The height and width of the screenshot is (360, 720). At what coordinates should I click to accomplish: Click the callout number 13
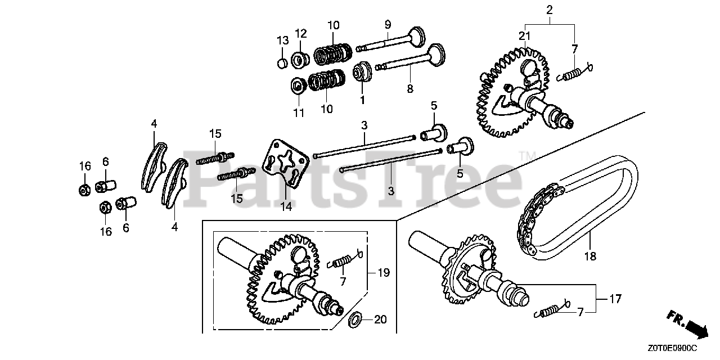[282, 40]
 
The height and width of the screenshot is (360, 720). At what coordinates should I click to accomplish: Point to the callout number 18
[589, 257]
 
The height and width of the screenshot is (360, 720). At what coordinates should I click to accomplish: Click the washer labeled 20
[355, 321]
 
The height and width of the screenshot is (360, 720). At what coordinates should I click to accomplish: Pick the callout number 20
[380, 320]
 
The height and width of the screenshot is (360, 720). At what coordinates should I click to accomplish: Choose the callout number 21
[525, 36]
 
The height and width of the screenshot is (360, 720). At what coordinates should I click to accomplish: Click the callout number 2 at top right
[550, 10]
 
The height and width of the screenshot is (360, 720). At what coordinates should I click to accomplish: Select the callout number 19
[384, 273]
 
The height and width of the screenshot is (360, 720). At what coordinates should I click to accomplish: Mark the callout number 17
[615, 299]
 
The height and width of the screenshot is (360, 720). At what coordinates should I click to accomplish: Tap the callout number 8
[410, 88]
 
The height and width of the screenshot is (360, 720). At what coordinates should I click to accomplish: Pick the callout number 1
[362, 100]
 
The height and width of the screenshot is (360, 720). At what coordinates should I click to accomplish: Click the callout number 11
[299, 113]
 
